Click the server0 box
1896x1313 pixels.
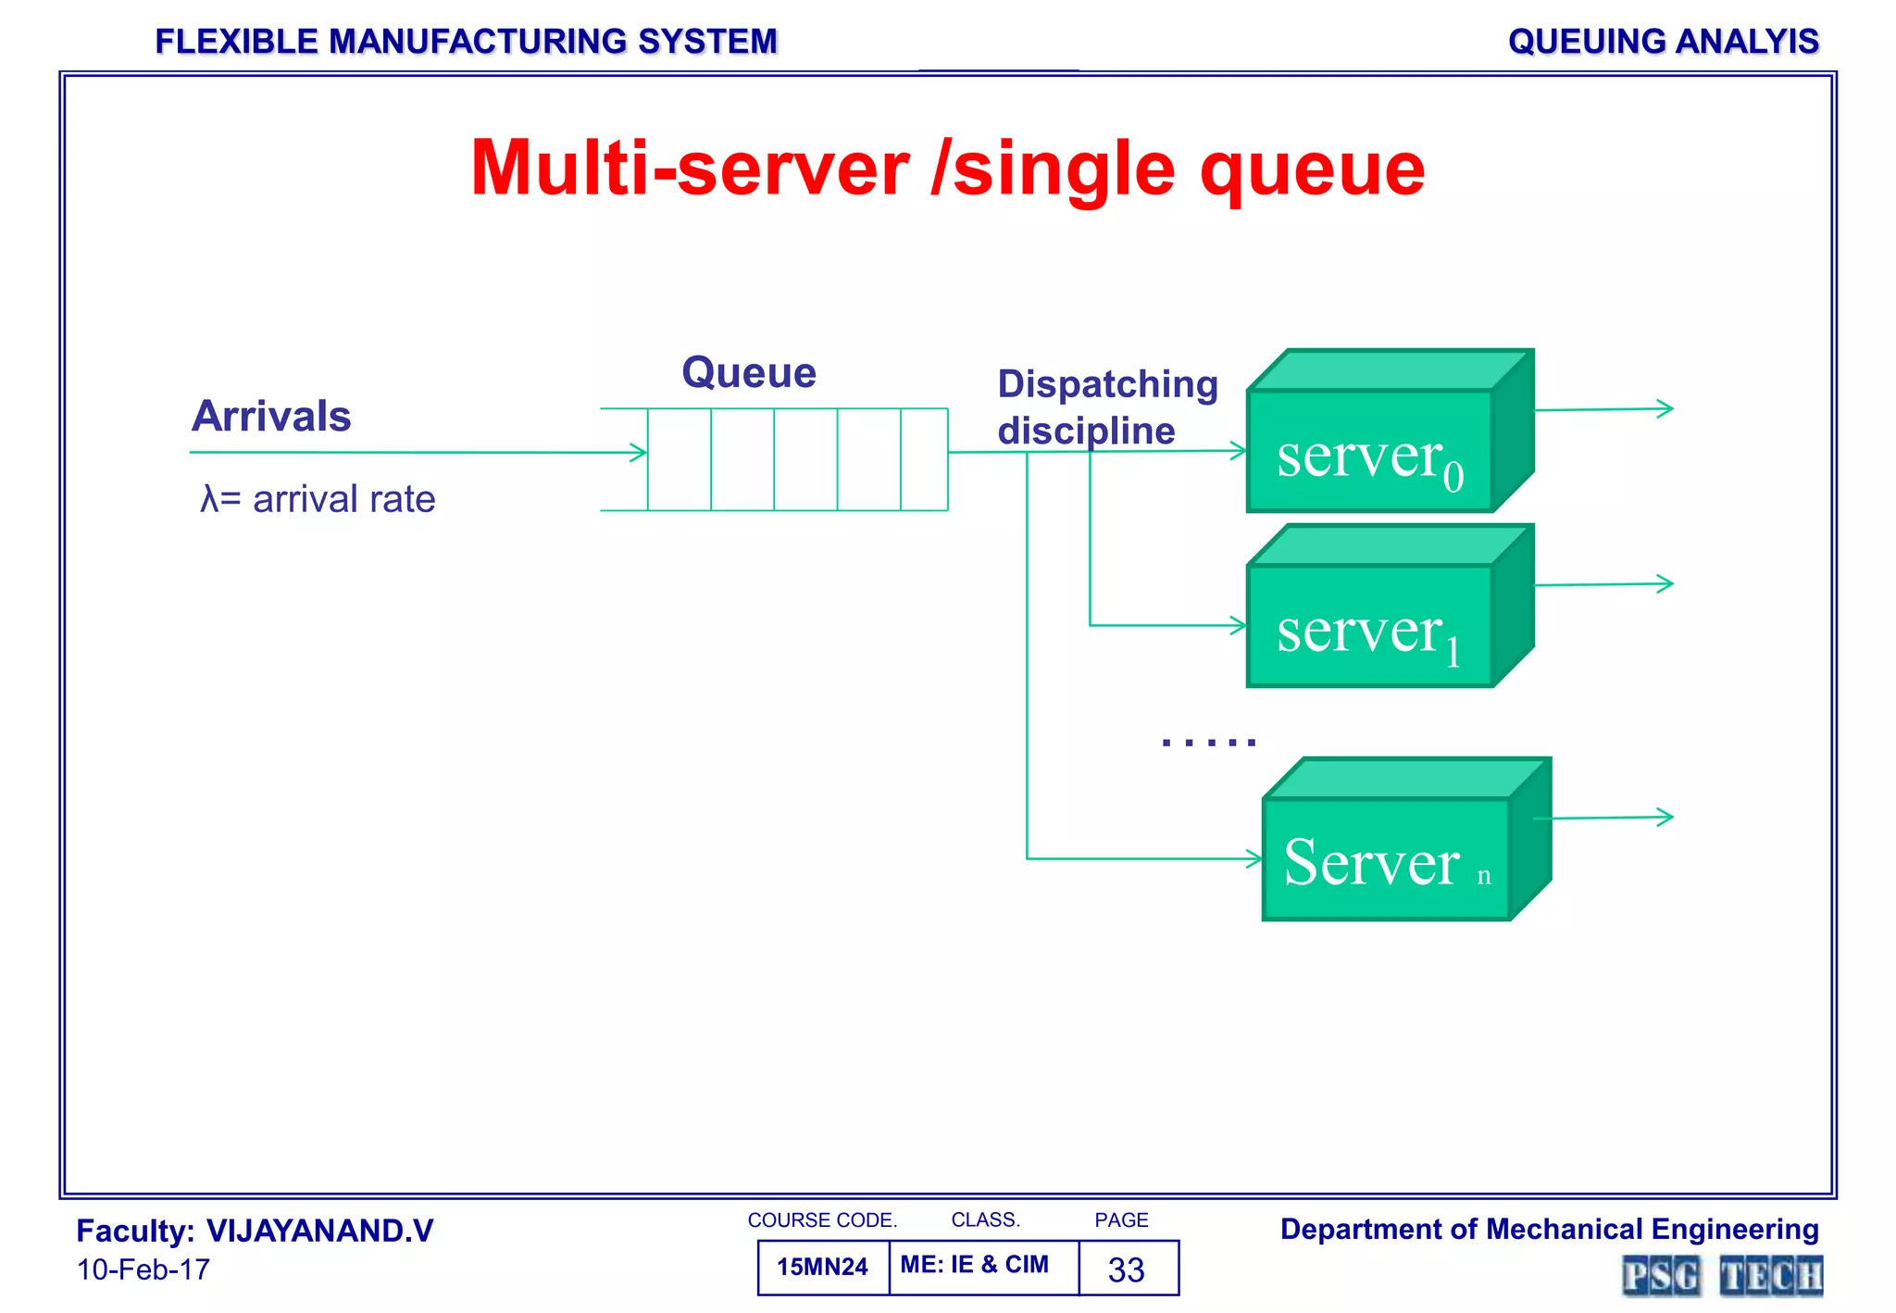pyautogui.click(x=1370, y=451)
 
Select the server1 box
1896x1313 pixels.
pyautogui.click(x=1370, y=626)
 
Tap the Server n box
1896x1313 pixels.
pyautogui.click(x=1386, y=859)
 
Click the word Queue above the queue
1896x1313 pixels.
pyautogui.click(x=749, y=373)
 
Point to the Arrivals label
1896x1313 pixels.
pyautogui.click(x=271, y=417)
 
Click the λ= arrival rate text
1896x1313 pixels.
pyautogui.click(x=318, y=500)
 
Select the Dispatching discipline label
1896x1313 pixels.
pyautogui.click(x=1106, y=407)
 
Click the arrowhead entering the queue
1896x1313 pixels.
pyautogui.click(x=639, y=453)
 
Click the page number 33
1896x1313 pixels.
pyautogui.click(x=1127, y=1269)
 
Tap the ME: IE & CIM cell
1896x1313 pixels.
pyautogui.click(x=975, y=1265)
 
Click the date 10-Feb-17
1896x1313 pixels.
pyautogui.click(x=143, y=1269)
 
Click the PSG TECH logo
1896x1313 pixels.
pyautogui.click(x=1722, y=1276)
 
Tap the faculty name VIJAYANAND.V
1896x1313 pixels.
pyautogui.click(x=319, y=1232)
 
